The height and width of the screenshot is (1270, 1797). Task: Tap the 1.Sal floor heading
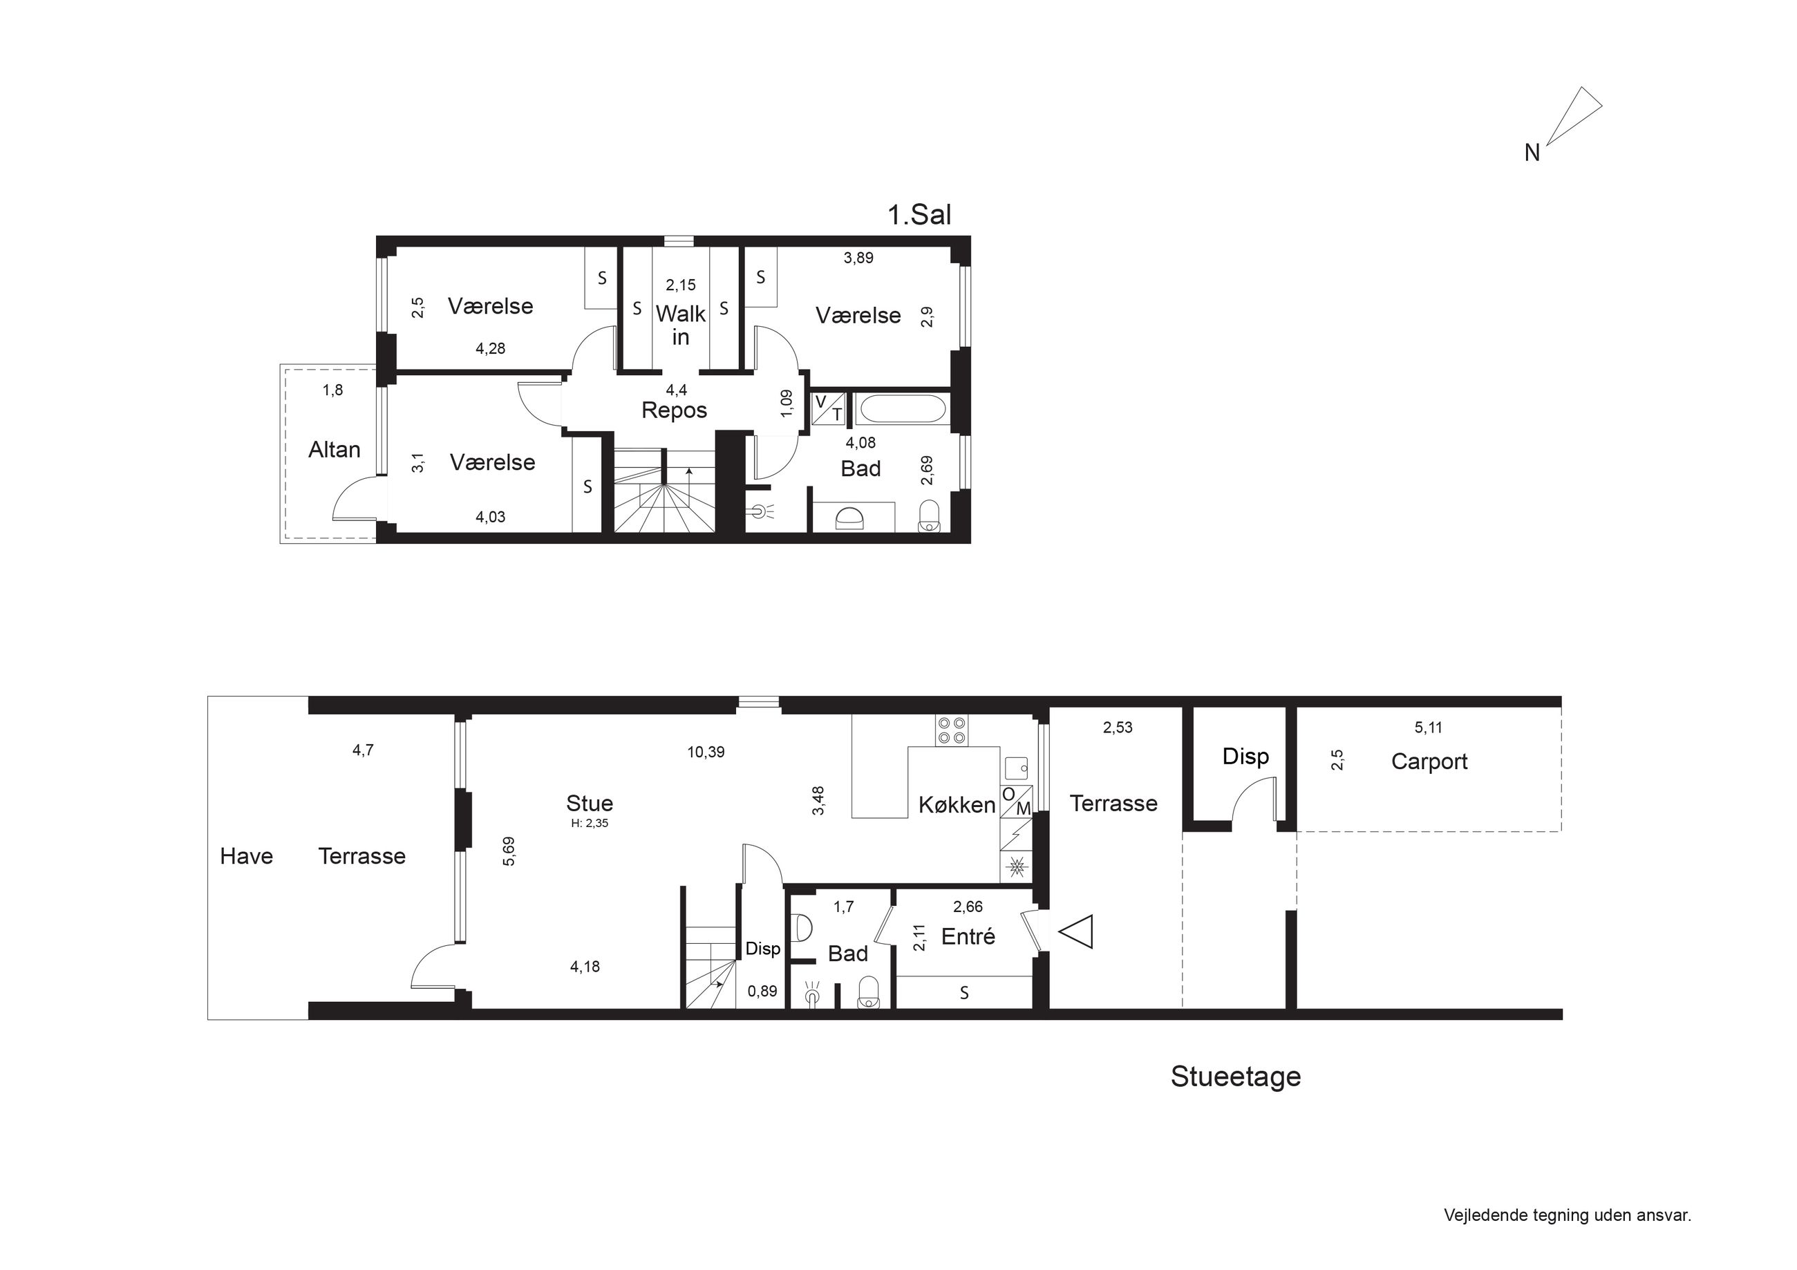[x=919, y=214]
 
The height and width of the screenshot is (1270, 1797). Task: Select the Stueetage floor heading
[x=1236, y=1077]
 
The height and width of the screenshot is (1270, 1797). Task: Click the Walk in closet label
[x=681, y=325]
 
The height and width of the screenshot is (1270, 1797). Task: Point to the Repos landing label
[x=674, y=410]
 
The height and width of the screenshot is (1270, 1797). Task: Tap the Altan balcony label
[x=335, y=449]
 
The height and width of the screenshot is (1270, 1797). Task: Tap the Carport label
[x=1429, y=761]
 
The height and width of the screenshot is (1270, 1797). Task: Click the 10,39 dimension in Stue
[x=706, y=752]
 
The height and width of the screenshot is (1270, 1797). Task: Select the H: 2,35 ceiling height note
[x=590, y=823]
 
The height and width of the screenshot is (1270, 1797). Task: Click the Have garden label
[x=247, y=856]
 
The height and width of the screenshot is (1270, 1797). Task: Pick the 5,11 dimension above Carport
[x=1429, y=728]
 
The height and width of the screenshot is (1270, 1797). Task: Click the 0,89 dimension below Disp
[x=762, y=992]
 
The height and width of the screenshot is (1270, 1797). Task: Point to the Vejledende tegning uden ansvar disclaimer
[x=1568, y=1215]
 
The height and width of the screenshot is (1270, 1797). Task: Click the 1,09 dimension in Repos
[x=787, y=403]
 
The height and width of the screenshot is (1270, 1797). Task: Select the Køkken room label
[x=957, y=804]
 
